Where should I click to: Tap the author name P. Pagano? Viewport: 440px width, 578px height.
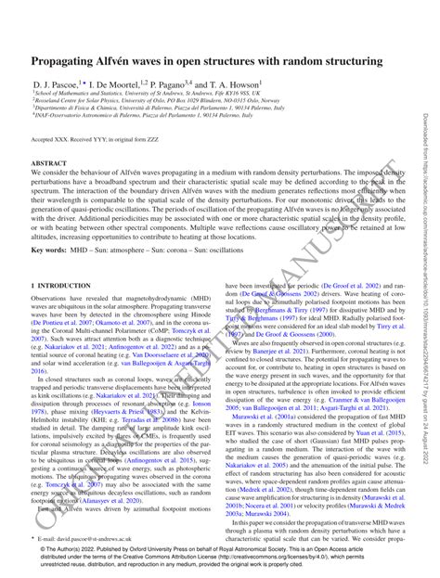[185, 83]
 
